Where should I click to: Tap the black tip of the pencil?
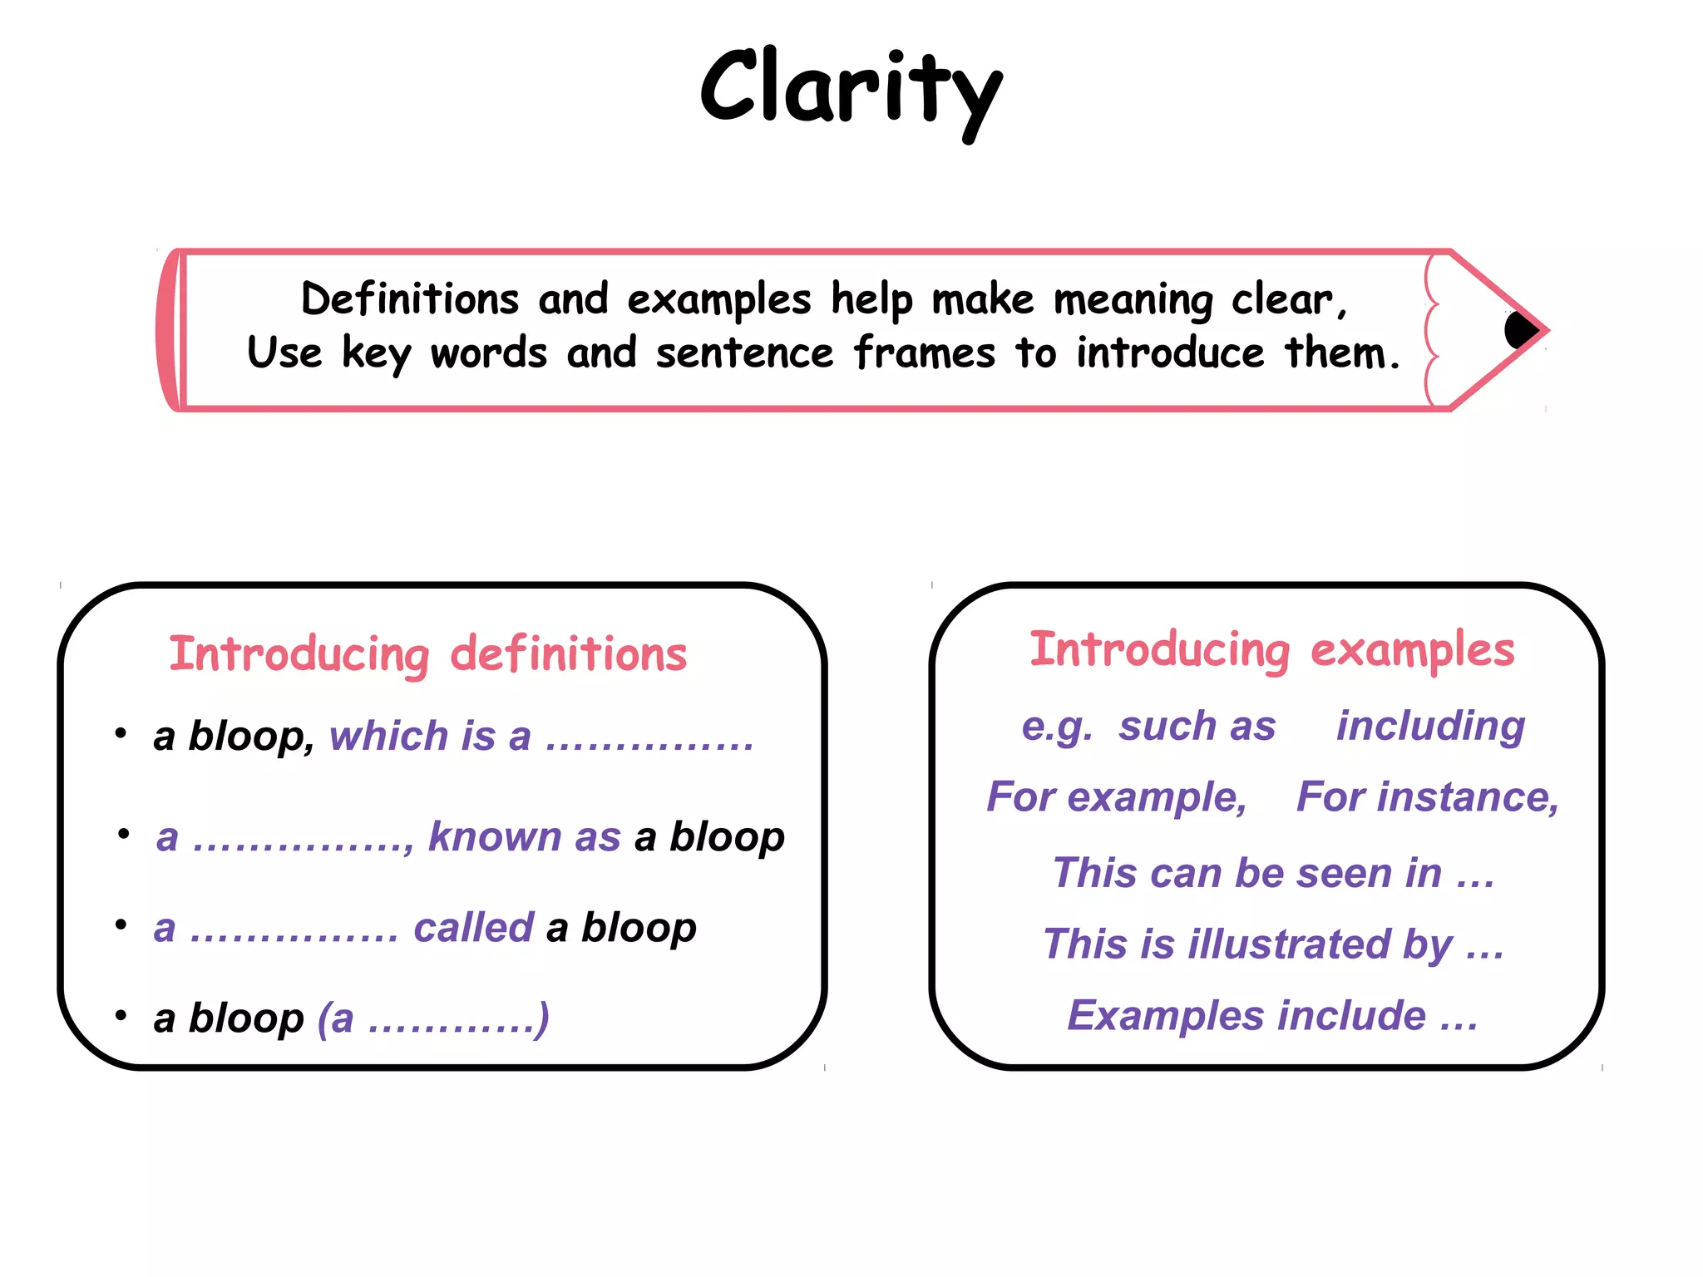point(1520,330)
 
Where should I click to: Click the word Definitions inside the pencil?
point(409,299)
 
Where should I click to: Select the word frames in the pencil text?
point(924,353)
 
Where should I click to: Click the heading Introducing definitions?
point(427,653)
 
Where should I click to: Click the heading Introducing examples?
point(1271,649)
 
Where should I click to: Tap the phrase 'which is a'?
point(430,737)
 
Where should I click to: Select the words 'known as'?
point(524,836)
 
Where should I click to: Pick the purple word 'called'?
point(473,928)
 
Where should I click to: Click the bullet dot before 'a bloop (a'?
point(121,1015)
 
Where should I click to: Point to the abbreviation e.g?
point(1056,727)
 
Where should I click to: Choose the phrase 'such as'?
point(1197,727)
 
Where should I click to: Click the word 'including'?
point(1430,727)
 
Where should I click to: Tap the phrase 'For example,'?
point(1117,797)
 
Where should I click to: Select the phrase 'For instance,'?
point(1427,797)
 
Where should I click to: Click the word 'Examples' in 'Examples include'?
point(1163,1016)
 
